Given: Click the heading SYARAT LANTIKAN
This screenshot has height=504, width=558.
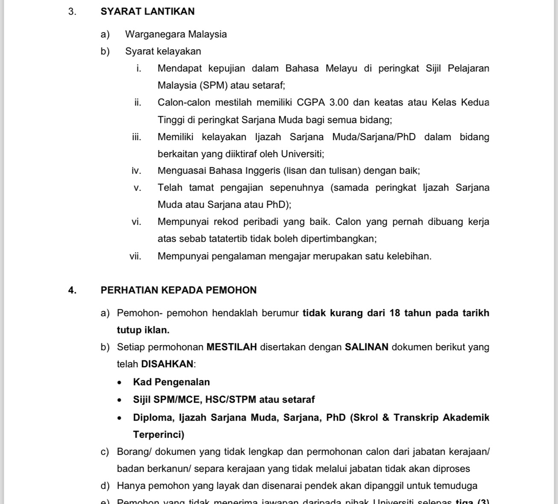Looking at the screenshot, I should click(148, 12).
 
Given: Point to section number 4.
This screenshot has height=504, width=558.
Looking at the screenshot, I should click(72, 290).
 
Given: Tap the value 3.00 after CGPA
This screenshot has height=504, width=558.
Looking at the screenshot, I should click(336, 103).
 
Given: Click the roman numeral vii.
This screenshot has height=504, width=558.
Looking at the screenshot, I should click(135, 256).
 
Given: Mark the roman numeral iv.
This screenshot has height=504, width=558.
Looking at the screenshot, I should click(136, 171).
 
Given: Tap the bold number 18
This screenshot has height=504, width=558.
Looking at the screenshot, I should click(395, 313).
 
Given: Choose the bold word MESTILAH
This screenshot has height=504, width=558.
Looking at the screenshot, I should click(232, 347).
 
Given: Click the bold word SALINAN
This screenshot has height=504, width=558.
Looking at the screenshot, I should click(366, 347).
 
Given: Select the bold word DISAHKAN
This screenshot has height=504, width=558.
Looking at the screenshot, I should click(167, 364).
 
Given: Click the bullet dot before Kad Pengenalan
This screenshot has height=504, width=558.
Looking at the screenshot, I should click(120, 383).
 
